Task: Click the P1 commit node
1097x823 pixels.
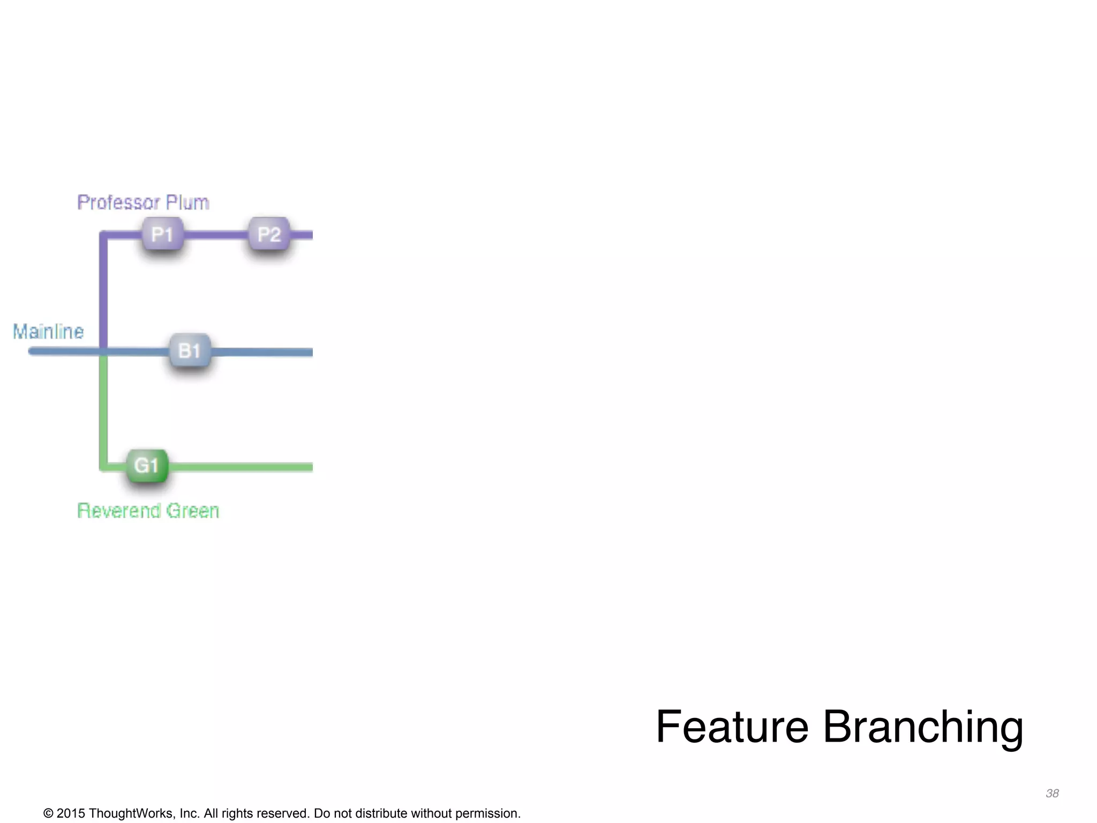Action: tap(162, 234)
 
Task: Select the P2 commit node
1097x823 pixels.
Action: tap(269, 234)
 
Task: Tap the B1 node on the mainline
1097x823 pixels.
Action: tap(190, 351)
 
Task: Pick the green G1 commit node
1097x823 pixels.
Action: tap(147, 465)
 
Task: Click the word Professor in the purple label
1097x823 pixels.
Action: tap(118, 203)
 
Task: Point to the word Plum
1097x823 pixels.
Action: tap(187, 203)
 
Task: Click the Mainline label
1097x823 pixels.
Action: tap(48, 332)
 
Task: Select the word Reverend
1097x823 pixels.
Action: tap(118, 511)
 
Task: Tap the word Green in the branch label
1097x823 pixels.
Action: tap(192, 511)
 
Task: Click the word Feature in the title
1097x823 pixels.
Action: tap(732, 727)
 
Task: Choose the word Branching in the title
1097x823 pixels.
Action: tap(922, 728)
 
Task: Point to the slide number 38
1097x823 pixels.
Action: tap(1052, 794)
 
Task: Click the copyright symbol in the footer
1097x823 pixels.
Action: tap(48, 813)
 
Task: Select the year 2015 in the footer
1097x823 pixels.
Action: tap(71, 813)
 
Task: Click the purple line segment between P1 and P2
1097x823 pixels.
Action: tap(216, 235)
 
